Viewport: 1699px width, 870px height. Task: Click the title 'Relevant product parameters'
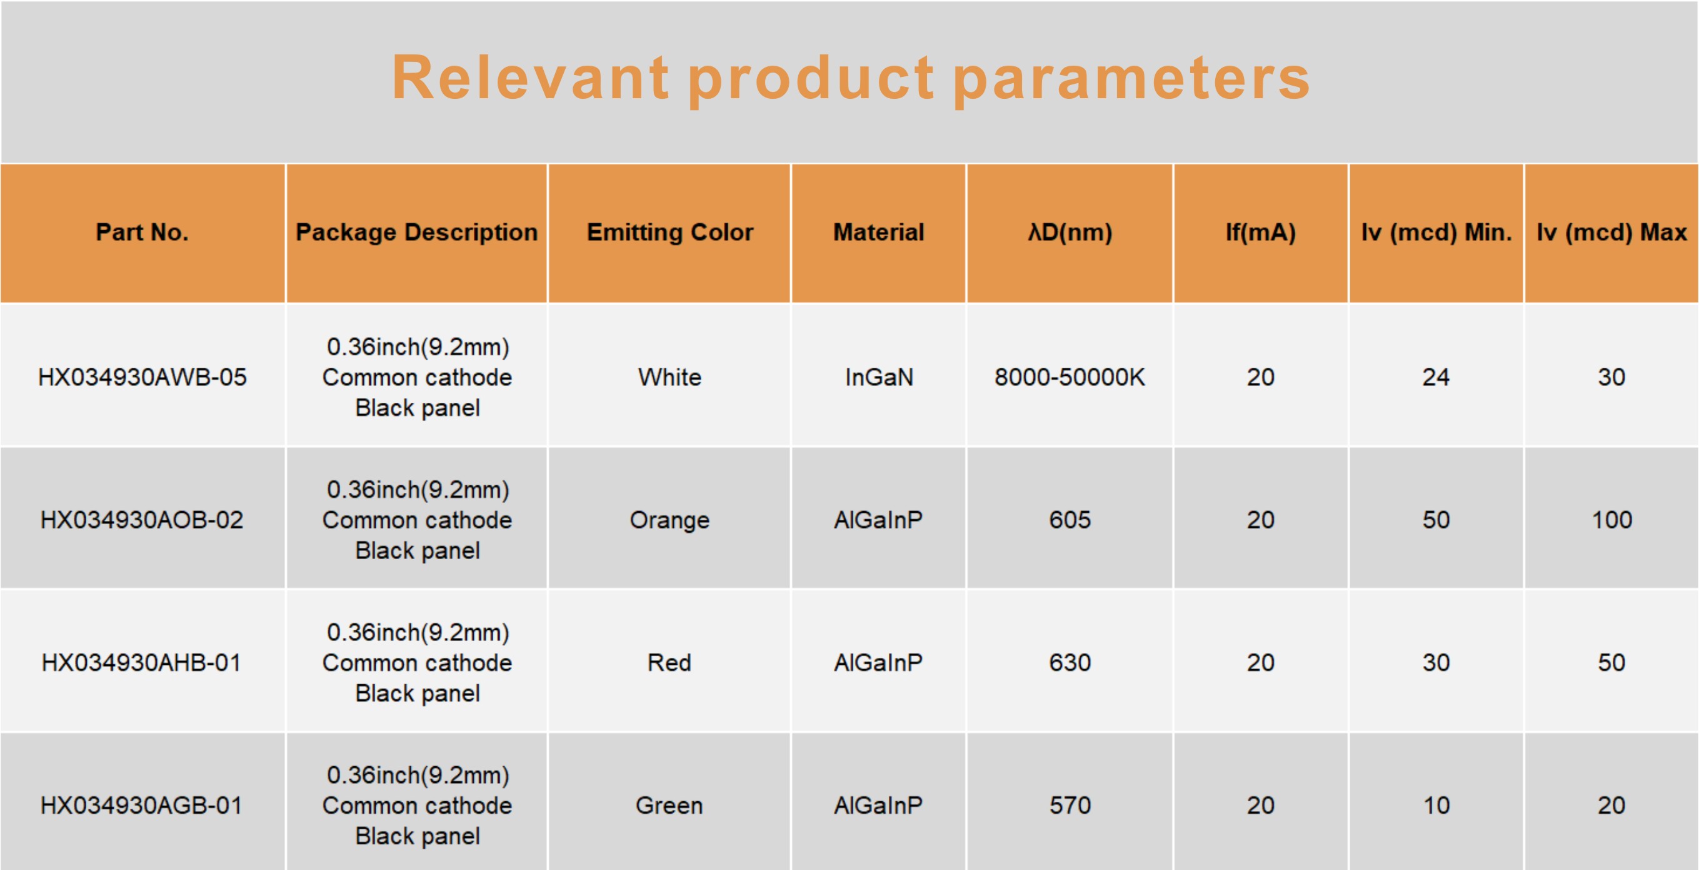coord(851,79)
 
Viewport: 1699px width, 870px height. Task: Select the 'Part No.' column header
coord(143,232)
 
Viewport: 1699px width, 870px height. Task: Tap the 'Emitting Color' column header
coord(670,232)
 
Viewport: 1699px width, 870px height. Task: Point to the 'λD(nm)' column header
coord(1070,232)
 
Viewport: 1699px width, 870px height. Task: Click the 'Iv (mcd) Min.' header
coord(1436,232)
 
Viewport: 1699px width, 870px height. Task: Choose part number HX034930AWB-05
coord(143,377)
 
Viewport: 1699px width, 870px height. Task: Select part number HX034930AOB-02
coord(143,520)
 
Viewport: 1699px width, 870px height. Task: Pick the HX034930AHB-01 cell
coord(143,662)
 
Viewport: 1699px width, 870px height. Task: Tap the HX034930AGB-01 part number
coord(143,806)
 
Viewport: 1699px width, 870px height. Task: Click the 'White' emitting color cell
coord(670,377)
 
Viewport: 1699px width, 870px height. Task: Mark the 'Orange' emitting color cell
coord(670,520)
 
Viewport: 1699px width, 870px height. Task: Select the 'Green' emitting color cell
coord(670,806)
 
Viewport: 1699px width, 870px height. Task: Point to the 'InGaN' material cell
coord(879,377)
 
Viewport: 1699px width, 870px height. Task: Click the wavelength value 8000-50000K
coord(1070,377)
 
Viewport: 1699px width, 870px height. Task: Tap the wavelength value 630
coord(1070,662)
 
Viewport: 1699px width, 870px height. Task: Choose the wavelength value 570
coord(1070,806)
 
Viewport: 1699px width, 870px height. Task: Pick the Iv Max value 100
coord(1612,520)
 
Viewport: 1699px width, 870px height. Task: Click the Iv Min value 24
coord(1436,377)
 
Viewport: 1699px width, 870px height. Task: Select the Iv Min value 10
coord(1436,806)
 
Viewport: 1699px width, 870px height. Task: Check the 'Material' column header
coord(879,232)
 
